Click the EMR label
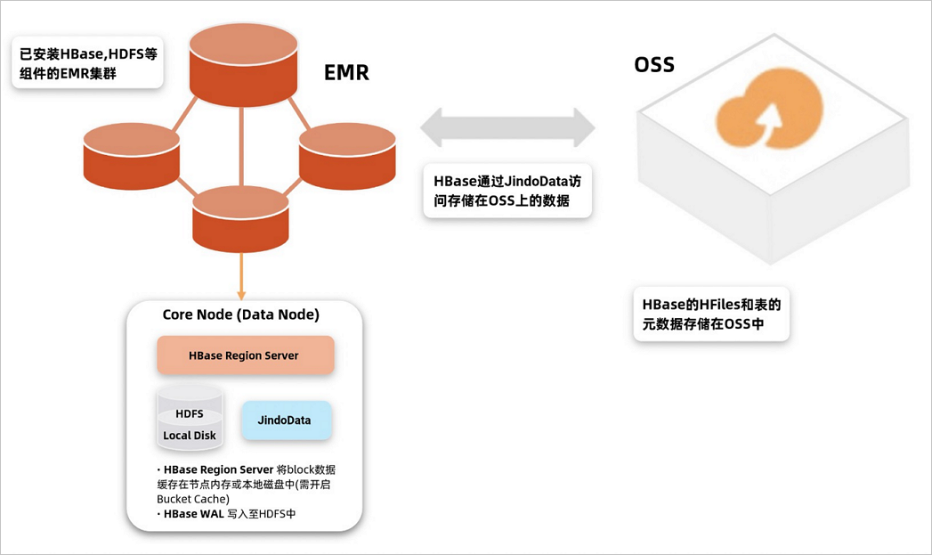(x=346, y=73)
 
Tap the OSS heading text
(x=653, y=65)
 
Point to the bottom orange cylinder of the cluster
(x=240, y=218)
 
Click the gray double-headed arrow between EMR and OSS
(x=507, y=127)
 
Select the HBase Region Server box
(x=245, y=355)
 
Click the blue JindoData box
(x=287, y=420)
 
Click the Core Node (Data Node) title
(x=240, y=315)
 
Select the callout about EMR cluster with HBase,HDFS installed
(x=87, y=62)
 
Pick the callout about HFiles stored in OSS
(x=711, y=314)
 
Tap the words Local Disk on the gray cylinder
(x=189, y=436)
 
